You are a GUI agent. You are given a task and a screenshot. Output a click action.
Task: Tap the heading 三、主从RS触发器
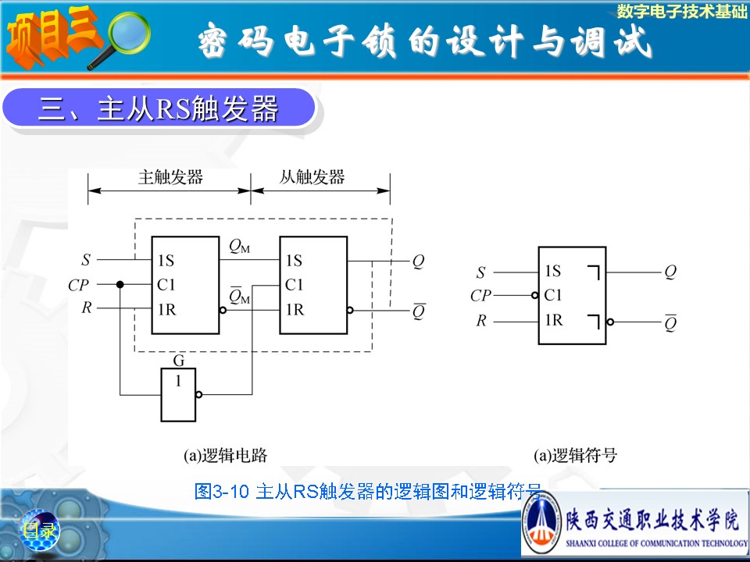point(159,109)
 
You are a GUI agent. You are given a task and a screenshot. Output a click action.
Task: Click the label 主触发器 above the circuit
point(170,177)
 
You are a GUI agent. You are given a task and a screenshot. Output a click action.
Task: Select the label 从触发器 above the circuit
point(312,177)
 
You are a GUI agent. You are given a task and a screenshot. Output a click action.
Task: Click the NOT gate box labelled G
point(178,394)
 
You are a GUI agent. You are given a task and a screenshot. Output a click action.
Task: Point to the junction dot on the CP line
point(120,285)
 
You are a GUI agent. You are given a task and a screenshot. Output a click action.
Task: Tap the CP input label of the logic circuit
point(78,286)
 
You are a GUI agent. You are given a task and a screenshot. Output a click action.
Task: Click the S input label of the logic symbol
point(480,272)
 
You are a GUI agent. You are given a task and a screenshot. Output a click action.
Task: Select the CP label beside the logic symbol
point(480,296)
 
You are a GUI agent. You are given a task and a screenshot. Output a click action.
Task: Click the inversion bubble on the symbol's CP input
point(534,296)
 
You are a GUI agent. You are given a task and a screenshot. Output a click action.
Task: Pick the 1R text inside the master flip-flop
point(166,310)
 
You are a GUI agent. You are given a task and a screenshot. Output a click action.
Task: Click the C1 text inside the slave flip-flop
point(295,285)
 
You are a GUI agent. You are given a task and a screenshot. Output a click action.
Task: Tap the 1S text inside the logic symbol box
point(553,271)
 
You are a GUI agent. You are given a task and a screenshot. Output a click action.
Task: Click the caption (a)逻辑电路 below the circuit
point(225,455)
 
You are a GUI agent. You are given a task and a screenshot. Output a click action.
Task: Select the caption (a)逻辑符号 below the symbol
point(575,455)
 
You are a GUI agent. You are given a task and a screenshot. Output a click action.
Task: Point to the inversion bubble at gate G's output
point(198,395)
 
